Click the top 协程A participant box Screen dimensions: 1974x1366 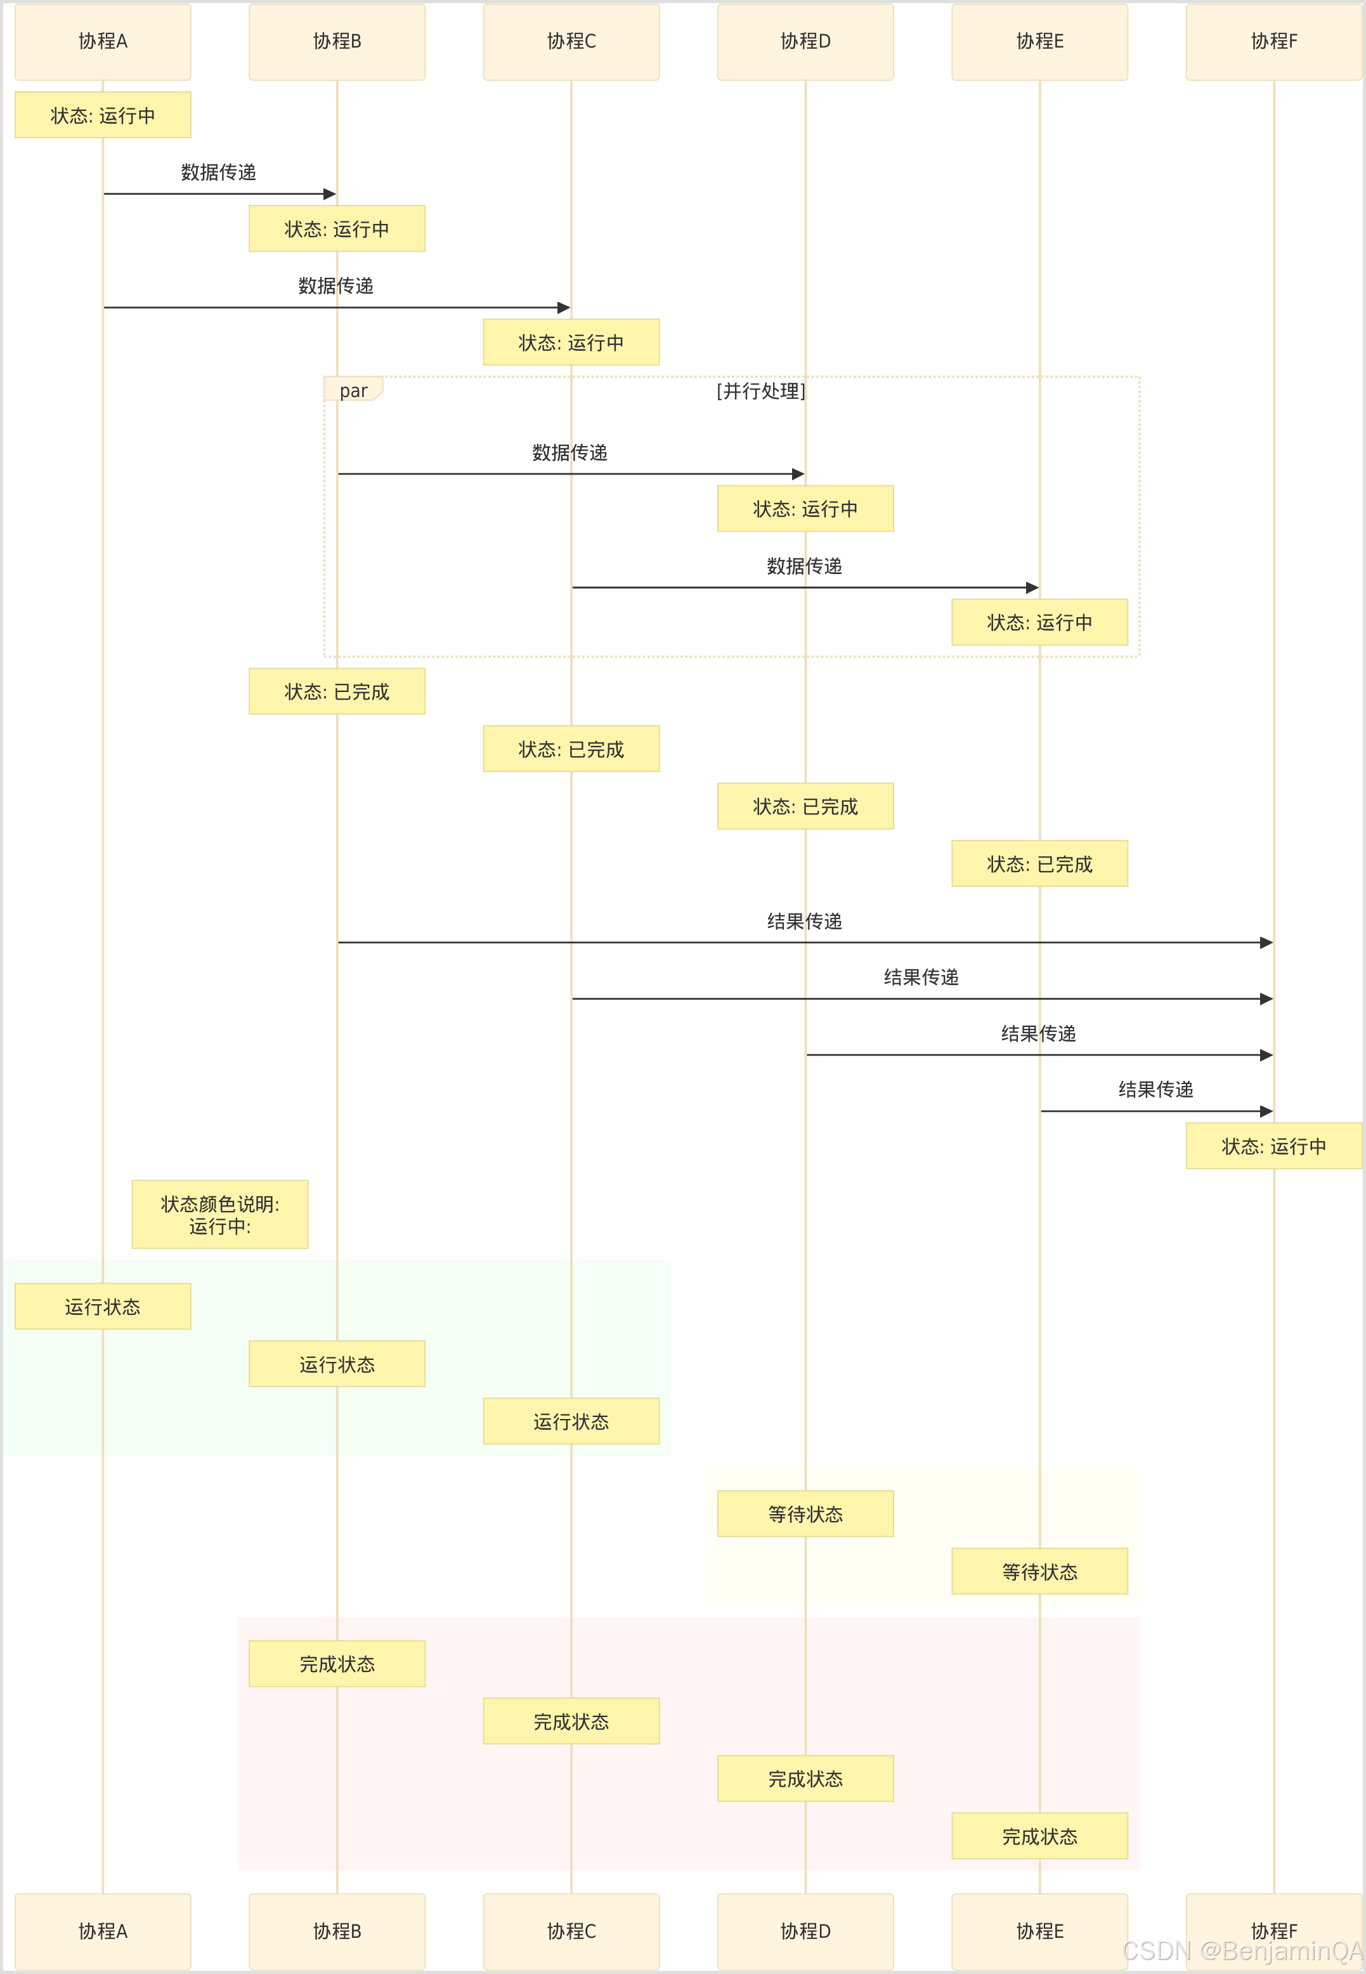click(103, 42)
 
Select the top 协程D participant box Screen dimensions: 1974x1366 click(805, 42)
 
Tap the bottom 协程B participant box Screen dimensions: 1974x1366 click(337, 1932)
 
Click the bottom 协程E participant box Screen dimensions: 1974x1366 click(1040, 1932)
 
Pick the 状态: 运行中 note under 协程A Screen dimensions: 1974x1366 click(103, 115)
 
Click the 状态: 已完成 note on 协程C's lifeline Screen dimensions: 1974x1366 click(571, 749)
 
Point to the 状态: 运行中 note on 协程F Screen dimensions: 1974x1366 click(1273, 1146)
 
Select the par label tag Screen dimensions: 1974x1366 click(353, 390)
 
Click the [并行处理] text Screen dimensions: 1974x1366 click(761, 391)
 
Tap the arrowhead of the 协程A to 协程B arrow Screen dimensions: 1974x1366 click(330, 194)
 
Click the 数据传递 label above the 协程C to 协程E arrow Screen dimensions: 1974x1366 click(805, 566)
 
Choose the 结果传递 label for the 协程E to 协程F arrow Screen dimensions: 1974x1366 click(1155, 1090)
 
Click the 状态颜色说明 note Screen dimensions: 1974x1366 click(220, 1215)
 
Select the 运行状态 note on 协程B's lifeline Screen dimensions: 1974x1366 click(337, 1364)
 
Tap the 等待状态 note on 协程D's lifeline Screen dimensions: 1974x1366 click(805, 1514)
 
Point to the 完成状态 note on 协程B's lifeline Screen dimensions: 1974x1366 click(337, 1664)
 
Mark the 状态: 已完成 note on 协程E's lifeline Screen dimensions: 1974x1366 click(1040, 864)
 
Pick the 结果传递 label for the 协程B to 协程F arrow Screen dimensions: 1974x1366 click(805, 921)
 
